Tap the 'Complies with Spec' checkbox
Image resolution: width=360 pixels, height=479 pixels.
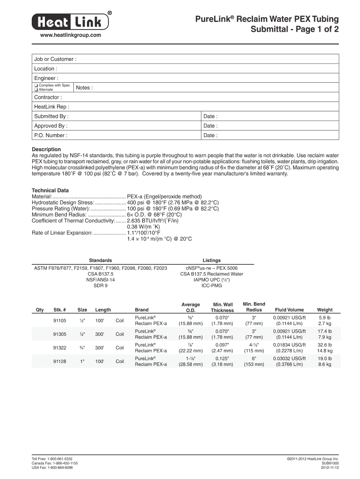coord(36,86)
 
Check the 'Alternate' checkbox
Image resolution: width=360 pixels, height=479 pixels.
coord(36,90)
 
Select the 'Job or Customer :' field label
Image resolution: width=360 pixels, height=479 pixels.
coord(55,59)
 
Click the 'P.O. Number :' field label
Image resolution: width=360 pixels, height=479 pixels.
coord(50,136)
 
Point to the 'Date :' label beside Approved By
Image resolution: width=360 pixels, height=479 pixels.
coord(210,126)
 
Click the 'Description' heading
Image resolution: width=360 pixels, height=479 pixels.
coord(46,150)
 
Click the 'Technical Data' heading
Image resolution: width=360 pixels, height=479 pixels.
coord(50,190)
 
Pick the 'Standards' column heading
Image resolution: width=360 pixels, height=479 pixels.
coord(101,260)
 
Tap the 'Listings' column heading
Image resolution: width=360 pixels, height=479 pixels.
coord(212,260)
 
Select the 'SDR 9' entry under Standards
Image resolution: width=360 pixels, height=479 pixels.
coord(101,285)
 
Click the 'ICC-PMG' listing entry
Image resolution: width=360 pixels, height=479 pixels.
coord(212,285)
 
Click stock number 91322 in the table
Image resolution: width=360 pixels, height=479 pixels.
coord(60,348)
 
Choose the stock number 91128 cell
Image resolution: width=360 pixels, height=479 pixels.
coord(60,362)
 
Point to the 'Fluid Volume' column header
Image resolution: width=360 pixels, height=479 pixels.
coord(289,310)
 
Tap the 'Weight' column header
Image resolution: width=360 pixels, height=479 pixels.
coord(325,310)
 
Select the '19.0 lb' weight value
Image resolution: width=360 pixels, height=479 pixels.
coord(325,359)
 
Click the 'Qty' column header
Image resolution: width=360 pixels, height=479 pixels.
coord(40,310)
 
